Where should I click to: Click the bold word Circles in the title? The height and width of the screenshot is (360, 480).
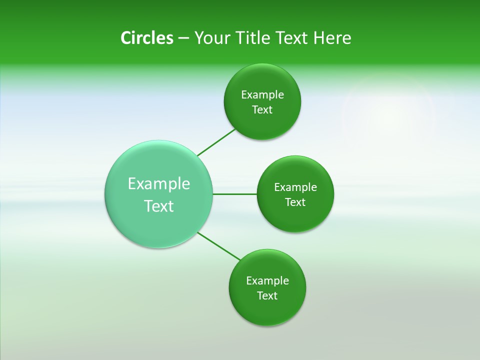(x=146, y=38)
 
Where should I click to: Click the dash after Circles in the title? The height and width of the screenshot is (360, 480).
(x=183, y=38)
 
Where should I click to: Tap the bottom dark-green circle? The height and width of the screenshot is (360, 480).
(x=267, y=310)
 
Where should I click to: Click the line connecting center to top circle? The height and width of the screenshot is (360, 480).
(x=216, y=142)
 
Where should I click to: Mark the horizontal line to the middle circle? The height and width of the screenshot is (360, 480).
(x=235, y=194)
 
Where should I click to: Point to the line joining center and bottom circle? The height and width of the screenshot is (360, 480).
(x=219, y=246)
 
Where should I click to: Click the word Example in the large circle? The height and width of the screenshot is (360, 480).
(x=159, y=184)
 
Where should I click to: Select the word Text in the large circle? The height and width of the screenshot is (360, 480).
(x=159, y=206)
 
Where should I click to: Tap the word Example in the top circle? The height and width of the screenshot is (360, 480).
(x=262, y=95)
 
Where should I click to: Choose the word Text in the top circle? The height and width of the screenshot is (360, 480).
(x=262, y=110)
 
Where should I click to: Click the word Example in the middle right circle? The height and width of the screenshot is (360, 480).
(x=295, y=187)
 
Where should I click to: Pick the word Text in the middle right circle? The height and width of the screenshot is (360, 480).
(x=295, y=202)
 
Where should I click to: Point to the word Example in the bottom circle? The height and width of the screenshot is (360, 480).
(x=267, y=281)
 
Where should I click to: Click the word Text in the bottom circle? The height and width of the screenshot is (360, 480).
(x=267, y=296)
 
